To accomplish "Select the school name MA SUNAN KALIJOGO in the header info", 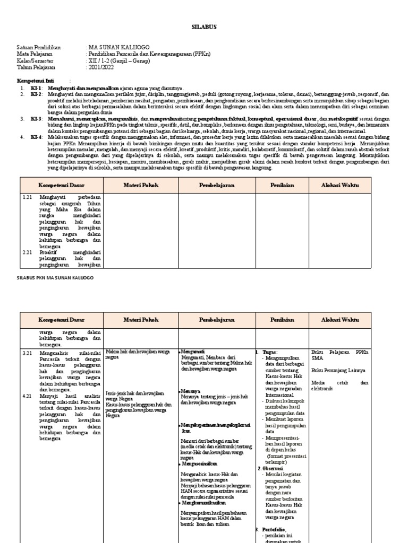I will click(x=117, y=48).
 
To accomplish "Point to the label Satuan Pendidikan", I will click(x=39, y=48).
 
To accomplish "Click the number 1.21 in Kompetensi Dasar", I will click(x=28, y=196).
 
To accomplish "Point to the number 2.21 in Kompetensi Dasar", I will click(x=28, y=252).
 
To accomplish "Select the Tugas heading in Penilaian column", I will click(x=269, y=352).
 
